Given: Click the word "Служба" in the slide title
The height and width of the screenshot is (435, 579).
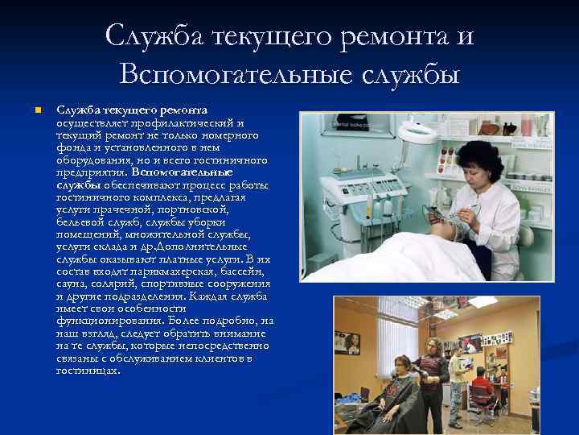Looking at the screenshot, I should pos(153,36).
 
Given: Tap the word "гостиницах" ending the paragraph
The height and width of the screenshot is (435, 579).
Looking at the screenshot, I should pos(88,371).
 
